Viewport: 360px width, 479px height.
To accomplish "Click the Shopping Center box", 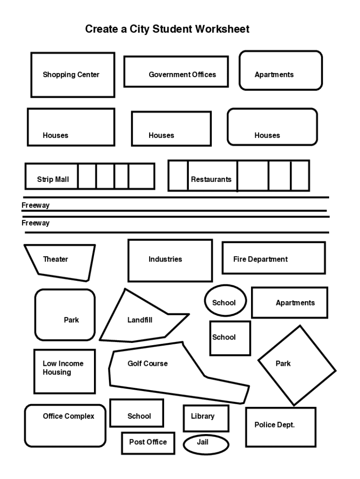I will pyautogui.click(x=72, y=75).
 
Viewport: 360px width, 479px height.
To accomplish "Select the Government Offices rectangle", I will pyautogui.click(x=176, y=72).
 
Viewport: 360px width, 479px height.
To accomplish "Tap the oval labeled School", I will pyautogui.click(x=225, y=300).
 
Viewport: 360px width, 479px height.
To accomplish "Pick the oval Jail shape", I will pyautogui.click(x=206, y=444).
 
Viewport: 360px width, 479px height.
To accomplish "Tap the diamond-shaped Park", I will pyautogui.click(x=297, y=365).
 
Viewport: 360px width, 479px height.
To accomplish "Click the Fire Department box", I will pyautogui.click(x=274, y=258).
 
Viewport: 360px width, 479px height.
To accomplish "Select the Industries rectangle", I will pyautogui.click(x=170, y=261).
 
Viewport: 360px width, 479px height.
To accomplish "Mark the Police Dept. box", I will pyautogui.click(x=281, y=427).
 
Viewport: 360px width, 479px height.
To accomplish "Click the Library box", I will pyautogui.click(x=206, y=418).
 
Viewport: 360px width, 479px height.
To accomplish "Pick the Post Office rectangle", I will pyautogui.click(x=148, y=443).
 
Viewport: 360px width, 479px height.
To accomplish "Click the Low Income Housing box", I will pyautogui.click(x=64, y=371).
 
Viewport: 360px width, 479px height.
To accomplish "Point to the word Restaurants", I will pyautogui.click(x=211, y=179).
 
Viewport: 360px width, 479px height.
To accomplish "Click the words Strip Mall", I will pyautogui.click(x=53, y=179).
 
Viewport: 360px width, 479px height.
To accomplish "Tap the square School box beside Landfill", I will pyautogui.click(x=230, y=338).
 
